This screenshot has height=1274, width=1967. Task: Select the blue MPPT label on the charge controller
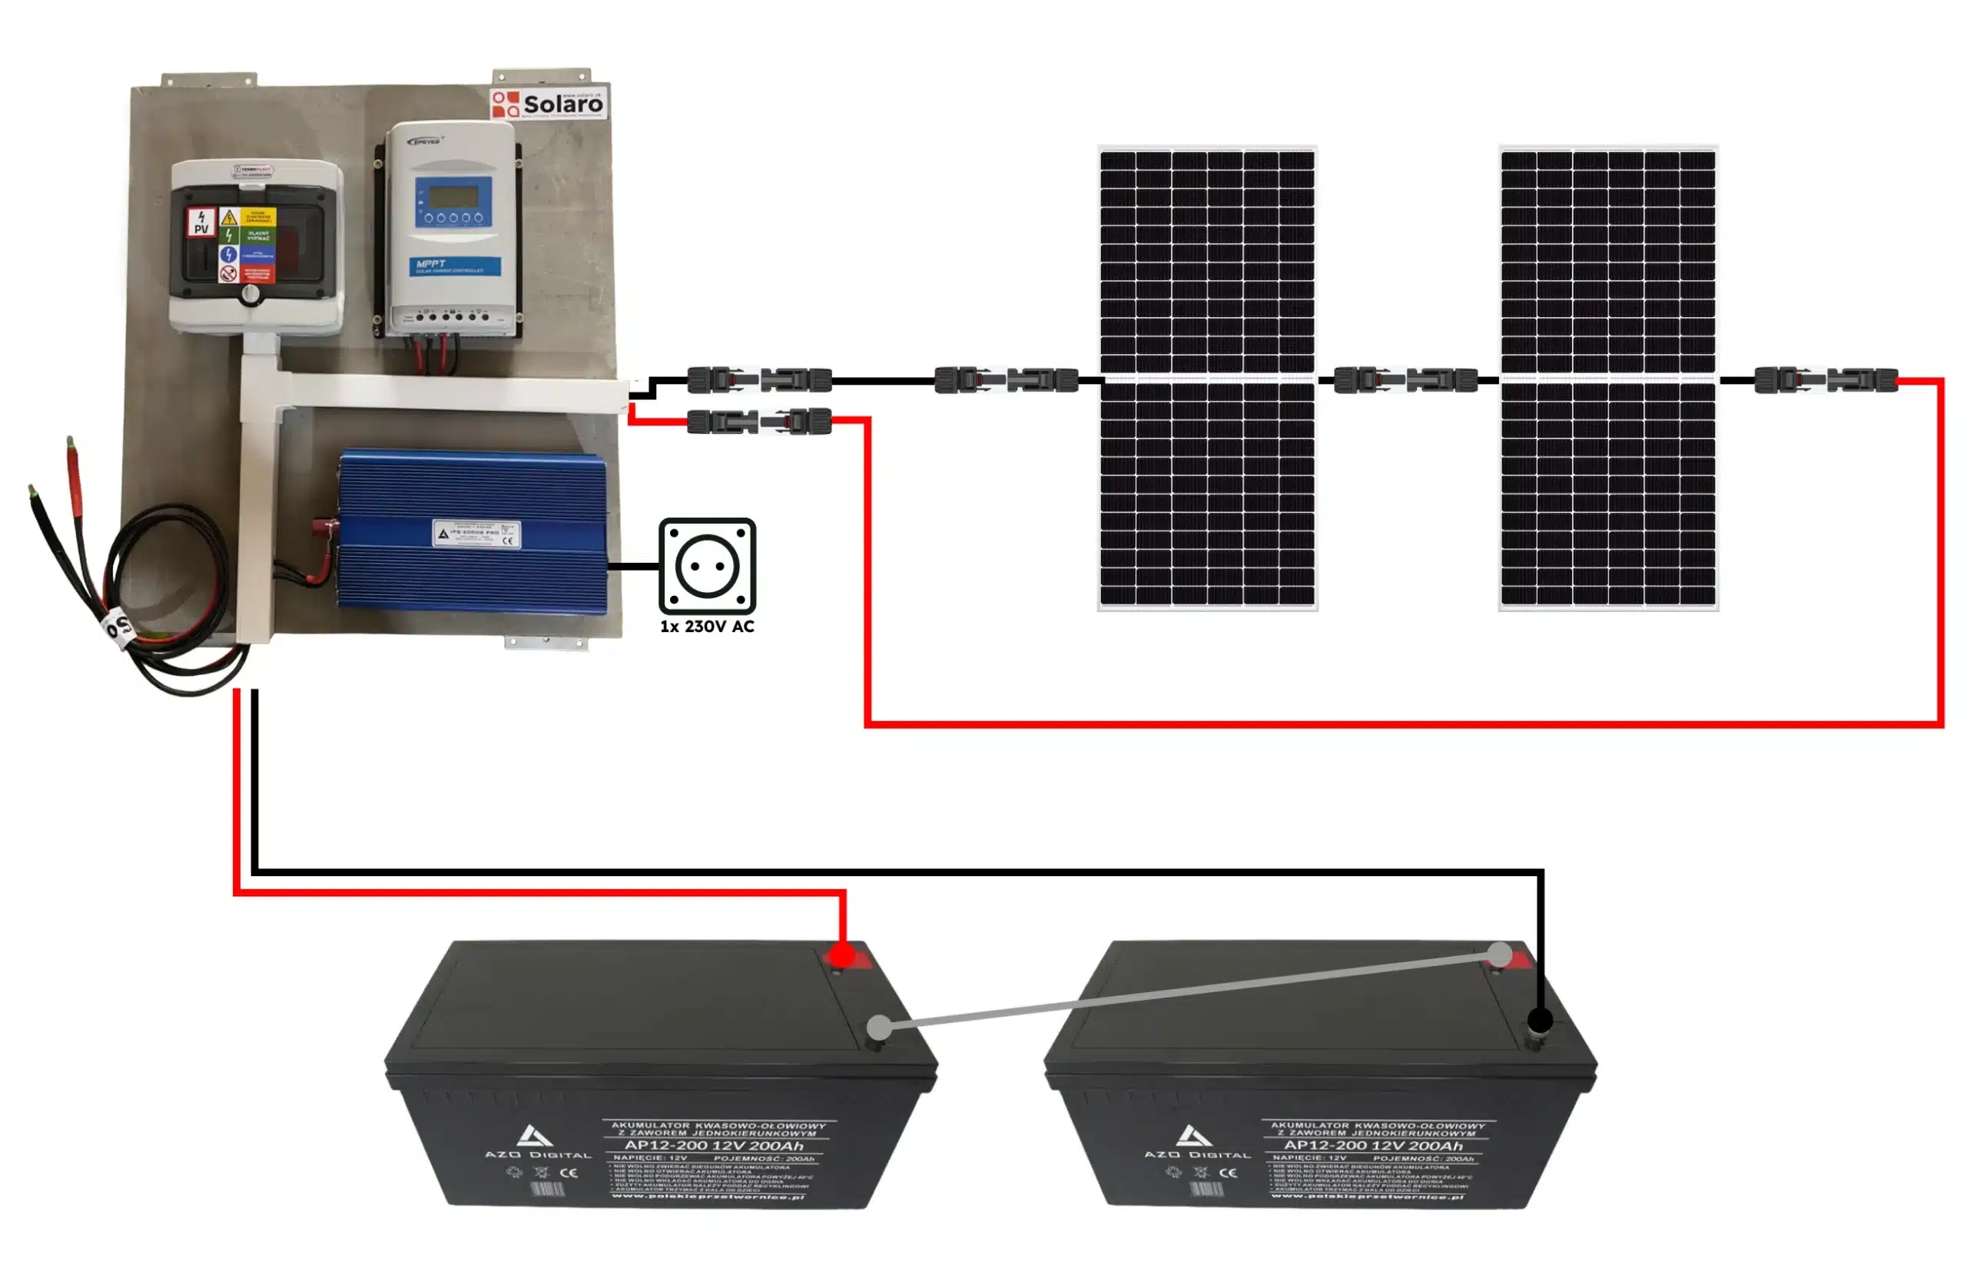pos(456,265)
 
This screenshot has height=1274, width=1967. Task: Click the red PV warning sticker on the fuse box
pos(201,221)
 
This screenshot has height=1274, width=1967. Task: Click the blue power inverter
pos(472,533)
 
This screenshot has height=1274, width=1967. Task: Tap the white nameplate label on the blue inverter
pos(476,533)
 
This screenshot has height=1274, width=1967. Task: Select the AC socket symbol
pos(707,566)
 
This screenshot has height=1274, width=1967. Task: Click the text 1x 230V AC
pos(707,627)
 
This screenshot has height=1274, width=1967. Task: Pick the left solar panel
pos(1206,378)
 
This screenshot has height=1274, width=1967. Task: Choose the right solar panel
pos(1607,378)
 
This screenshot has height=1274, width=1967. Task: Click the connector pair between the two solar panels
pos(1405,380)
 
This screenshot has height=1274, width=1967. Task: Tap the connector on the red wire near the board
pos(758,422)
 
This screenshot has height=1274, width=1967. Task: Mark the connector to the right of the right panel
pos(1825,380)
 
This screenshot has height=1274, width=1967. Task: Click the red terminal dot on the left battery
pos(841,956)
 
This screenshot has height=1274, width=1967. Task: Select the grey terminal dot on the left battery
pos(881,1027)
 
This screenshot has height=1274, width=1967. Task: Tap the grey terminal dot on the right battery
pos(1499,955)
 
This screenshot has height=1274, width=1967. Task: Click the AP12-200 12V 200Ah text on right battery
pos(1373,1146)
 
